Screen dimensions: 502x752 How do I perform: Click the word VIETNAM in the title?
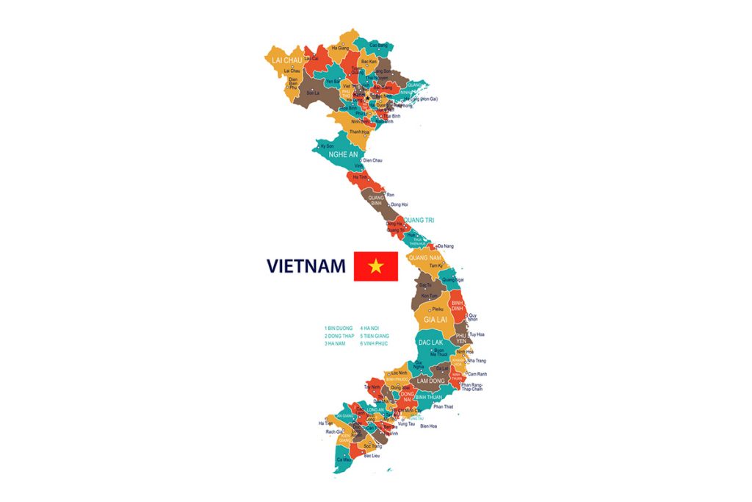(305, 266)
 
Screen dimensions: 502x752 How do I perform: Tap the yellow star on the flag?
(376, 266)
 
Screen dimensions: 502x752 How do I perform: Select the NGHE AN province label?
(342, 155)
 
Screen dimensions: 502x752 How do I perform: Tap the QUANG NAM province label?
(424, 258)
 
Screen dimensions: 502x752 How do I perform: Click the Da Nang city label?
(446, 246)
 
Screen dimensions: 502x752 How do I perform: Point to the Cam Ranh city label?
(477, 374)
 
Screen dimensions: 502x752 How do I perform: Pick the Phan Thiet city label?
(444, 406)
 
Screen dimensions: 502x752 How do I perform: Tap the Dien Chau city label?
(372, 160)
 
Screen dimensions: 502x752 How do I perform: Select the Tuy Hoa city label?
(477, 334)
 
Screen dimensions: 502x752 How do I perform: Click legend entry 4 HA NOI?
(369, 328)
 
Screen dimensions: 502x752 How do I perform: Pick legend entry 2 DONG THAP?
(339, 336)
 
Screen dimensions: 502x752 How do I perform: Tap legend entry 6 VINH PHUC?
(374, 343)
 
